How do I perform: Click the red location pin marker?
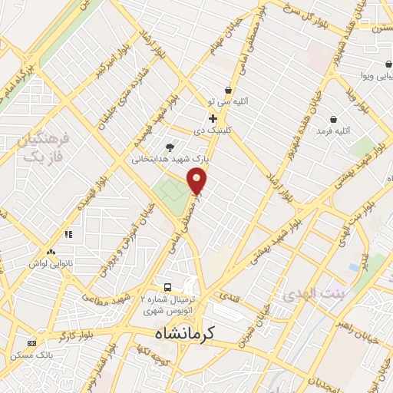coord(198,181)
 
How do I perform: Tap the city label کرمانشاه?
coord(181,334)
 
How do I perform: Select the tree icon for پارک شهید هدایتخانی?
coord(170,147)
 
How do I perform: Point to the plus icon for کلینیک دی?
coord(213,118)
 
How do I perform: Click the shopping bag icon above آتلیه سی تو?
coord(227,90)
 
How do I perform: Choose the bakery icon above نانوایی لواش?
coord(51,252)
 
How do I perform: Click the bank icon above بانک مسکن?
coord(31,343)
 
